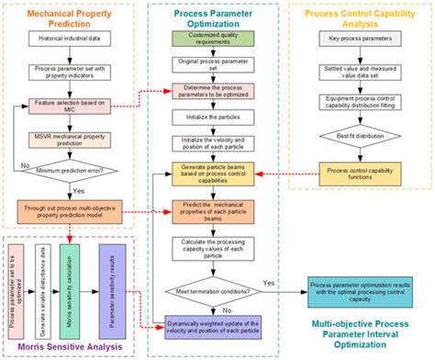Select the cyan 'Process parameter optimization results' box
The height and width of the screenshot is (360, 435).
pos(360,292)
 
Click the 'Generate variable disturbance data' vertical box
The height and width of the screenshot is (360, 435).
pos(39,286)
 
